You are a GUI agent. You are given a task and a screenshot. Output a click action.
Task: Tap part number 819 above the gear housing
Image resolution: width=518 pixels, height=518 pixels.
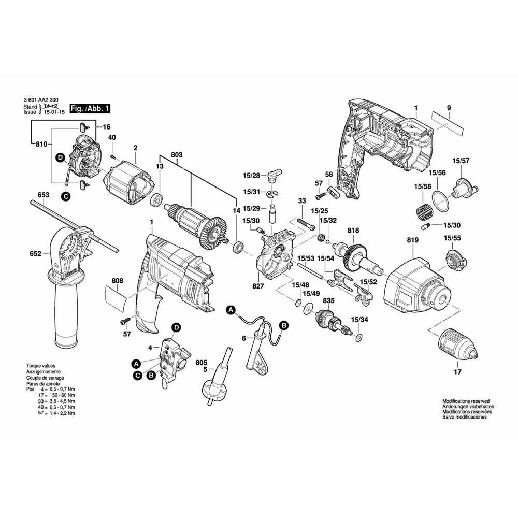(412, 241)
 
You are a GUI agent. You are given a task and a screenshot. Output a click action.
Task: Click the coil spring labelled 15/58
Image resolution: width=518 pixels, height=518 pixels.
(424, 212)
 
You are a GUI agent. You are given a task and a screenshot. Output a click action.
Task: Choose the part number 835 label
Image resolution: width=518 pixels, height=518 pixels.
(328, 300)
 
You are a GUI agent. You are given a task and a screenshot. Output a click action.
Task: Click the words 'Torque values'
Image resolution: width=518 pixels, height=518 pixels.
(40, 366)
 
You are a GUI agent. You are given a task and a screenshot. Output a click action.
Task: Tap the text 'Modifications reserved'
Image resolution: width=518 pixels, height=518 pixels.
(466, 401)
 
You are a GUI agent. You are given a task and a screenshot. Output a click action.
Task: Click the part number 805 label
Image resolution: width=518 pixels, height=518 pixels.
(202, 363)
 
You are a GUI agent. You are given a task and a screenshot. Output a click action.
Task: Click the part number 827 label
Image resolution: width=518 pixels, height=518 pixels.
(258, 285)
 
